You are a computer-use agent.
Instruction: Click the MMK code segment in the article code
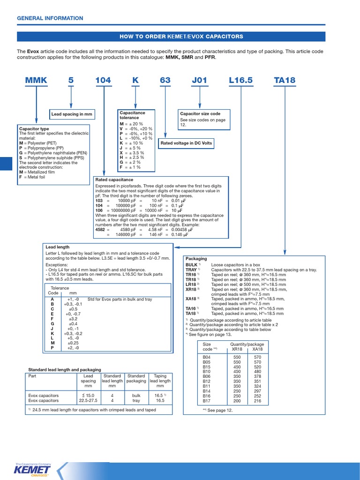pyautogui.click(x=37, y=80)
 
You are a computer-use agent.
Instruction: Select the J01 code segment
pyautogui.click(x=199, y=80)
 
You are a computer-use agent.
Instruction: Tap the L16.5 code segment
pyautogui.click(x=240, y=80)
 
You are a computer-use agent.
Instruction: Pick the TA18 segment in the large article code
pyautogui.click(x=285, y=80)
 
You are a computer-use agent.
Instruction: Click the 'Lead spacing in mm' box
pyautogui.click(x=72, y=114)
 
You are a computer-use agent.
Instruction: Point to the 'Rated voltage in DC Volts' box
pyautogui.click(x=187, y=143)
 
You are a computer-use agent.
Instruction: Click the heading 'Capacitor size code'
pyautogui.click(x=200, y=113)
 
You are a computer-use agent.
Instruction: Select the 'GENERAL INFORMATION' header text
pyautogui.click(x=50, y=18)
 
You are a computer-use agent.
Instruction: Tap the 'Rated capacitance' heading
pyautogui.click(x=114, y=180)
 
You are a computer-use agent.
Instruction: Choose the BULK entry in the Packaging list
pyautogui.click(x=191, y=265)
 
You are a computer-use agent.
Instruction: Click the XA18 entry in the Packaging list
pyautogui.click(x=191, y=299)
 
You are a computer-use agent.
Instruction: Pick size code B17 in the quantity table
pyautogui.click(x=207, y=401)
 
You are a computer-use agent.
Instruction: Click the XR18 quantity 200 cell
pyautogui.click(x=237, y=401)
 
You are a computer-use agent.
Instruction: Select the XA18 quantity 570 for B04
pyautogui.click(x=257, y=357)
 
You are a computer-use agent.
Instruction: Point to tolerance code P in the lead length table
pyautogui.click(x=52, y=348)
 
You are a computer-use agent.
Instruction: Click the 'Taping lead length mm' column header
pyautogui.click(x=160, y=381)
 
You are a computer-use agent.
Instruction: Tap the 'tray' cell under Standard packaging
pyautogui.click(x=136, y=401)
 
